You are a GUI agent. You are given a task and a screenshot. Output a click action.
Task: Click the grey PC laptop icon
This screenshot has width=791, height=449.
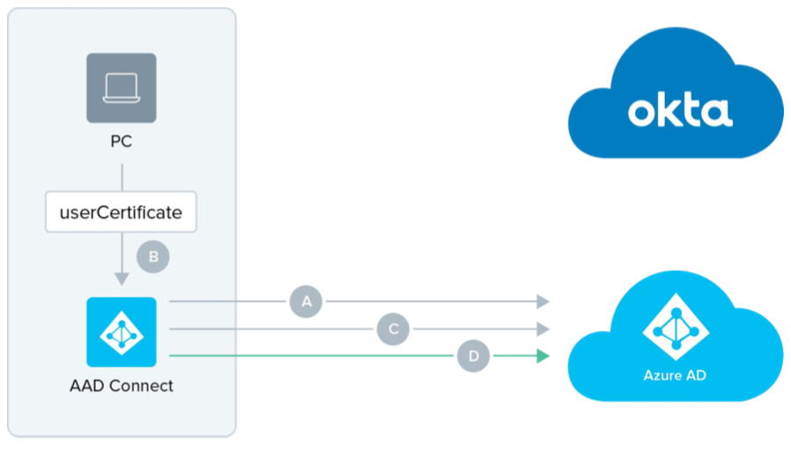122,88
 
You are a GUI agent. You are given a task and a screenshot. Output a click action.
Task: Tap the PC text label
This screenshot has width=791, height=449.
122,141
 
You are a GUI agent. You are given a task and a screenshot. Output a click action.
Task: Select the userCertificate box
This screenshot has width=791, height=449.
121,212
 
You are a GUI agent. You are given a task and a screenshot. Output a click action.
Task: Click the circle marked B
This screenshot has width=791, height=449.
153,257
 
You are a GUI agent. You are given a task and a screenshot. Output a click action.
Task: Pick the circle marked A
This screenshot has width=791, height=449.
307,302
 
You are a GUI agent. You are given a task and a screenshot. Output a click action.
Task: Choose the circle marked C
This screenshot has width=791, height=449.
394,329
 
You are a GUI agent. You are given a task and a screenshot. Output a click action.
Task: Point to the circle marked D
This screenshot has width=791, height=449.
474,357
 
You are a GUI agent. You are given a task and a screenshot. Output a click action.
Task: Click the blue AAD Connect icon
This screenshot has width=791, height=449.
122,332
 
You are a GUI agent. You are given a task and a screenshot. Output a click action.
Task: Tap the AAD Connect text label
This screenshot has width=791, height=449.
122,386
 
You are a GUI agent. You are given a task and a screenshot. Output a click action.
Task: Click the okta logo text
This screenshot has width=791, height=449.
680,111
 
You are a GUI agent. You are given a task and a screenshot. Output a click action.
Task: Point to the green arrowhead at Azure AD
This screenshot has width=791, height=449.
543,357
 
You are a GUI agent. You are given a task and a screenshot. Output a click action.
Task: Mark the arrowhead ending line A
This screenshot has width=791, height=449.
543,302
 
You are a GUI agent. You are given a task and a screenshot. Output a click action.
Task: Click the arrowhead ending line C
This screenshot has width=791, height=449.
543,329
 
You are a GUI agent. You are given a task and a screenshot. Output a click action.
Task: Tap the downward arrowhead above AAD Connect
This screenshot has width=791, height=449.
122,279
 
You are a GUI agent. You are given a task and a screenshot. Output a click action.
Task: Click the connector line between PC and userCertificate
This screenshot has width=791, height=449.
122,176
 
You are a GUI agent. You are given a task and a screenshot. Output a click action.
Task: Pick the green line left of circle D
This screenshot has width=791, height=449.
308,357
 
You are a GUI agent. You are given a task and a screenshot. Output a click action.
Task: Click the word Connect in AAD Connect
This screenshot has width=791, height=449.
141,386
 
